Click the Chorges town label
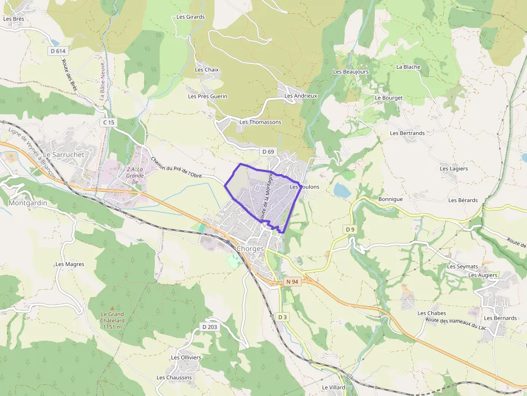(x=251, y=249)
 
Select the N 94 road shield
(x=292, y=282)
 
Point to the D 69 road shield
(x=268, y=152)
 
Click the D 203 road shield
(x=209, y=327)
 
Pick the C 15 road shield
(x=109, y=123)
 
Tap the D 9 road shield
(x=350, y=229)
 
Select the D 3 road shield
(x=283, y=317)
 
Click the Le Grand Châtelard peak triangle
(x=112, y=308)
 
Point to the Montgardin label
(x=28, y=203)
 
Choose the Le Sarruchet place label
(x=63, y=154)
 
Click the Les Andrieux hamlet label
(x=301, y=96)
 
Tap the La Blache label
(x=408, y=67)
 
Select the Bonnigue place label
(x=390, y=199)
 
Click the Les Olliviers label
(x=186, y=357)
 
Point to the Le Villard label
(x=333, y=387)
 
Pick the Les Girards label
(x=190, y=17)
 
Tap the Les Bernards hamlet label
(x=500, y=318)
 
